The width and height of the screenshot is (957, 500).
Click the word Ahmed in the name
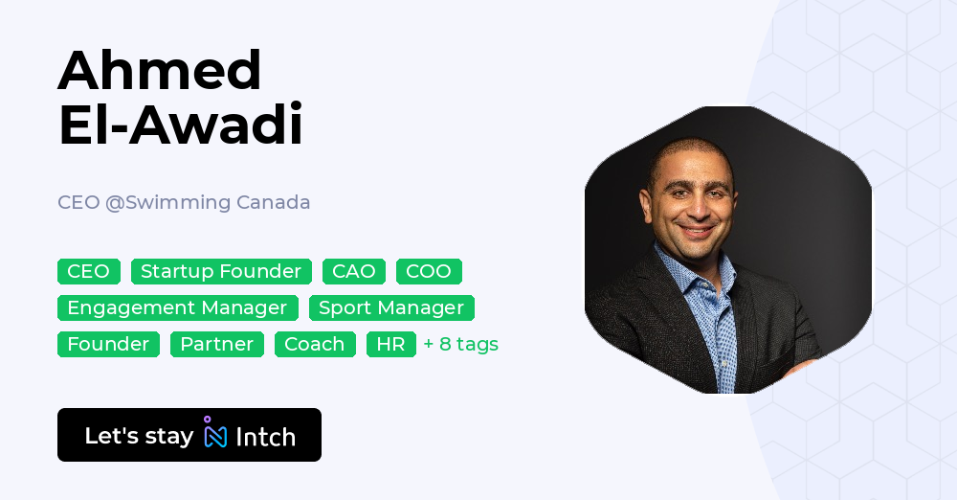coord(160,70)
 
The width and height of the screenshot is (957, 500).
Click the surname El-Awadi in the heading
coord(180,125)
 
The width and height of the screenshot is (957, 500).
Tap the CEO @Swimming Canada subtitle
coord(184,203)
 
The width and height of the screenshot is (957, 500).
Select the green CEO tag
coord(89,272)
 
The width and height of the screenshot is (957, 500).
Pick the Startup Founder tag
coord(221,272)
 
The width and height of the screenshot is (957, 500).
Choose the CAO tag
coord(354,272)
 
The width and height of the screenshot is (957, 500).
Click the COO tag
coord(429,272)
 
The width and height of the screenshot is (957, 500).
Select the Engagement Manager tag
coord(177,308)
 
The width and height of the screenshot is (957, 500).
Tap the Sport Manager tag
coord(391,308)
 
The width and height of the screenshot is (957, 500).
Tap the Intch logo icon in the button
coord(215,434)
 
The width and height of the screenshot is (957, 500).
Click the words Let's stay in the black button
coord(139,436)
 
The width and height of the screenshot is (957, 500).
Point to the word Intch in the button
coord(265,437)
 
